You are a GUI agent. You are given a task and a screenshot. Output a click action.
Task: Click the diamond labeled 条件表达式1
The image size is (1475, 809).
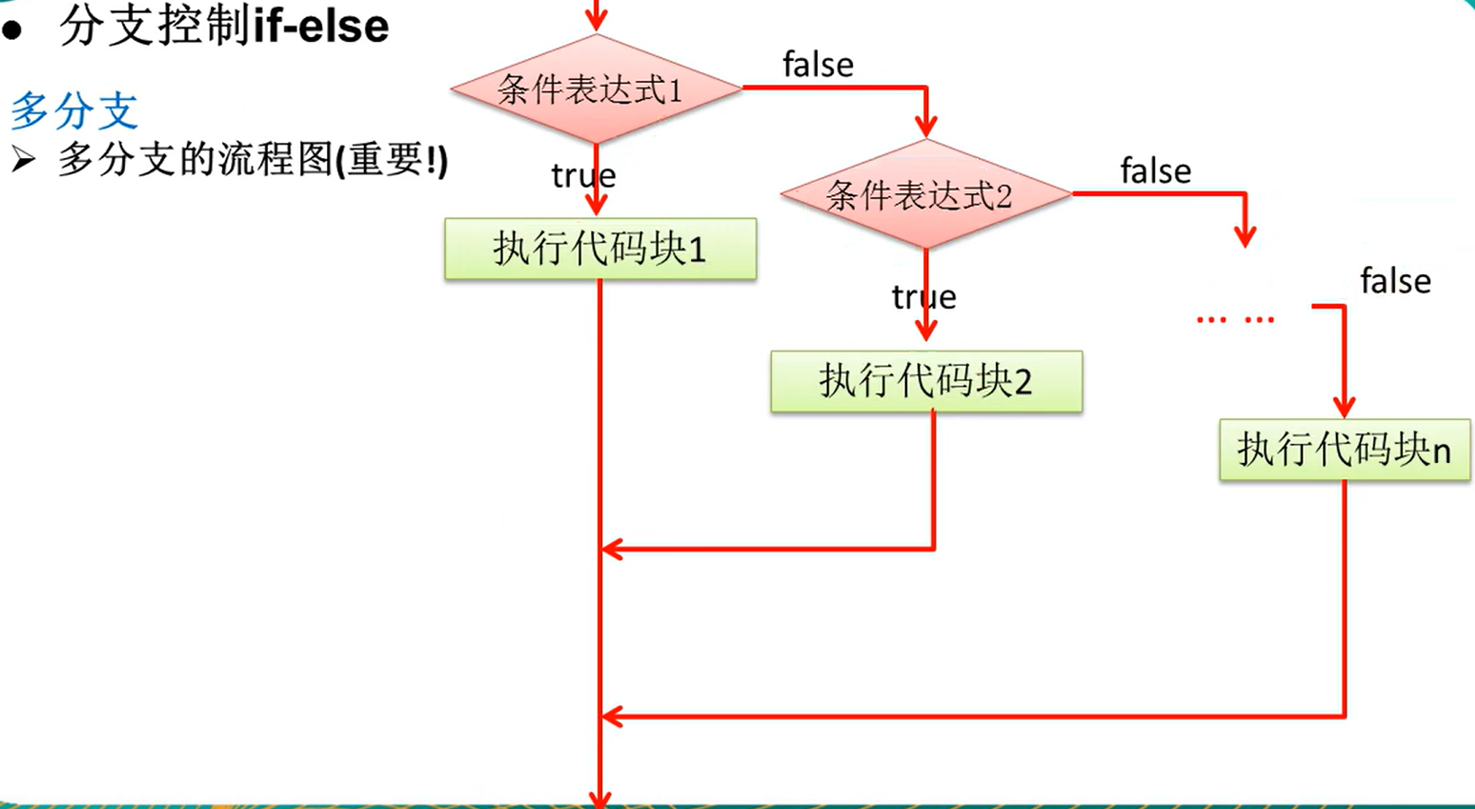596,89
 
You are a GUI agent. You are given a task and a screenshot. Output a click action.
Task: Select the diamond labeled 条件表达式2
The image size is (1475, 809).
926,194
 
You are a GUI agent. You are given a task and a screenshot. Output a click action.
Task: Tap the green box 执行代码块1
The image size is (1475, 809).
600,249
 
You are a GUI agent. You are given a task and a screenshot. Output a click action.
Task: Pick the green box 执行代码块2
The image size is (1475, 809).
926,381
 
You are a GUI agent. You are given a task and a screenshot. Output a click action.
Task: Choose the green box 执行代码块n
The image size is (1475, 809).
1344,449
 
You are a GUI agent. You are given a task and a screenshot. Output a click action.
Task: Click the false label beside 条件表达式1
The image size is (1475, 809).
818,65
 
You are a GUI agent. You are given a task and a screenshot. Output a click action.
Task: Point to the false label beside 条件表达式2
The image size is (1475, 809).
1155,171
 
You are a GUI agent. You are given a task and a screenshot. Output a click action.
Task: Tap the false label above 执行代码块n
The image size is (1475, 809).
1395,281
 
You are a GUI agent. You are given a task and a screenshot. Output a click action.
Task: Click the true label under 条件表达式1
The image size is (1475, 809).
583,175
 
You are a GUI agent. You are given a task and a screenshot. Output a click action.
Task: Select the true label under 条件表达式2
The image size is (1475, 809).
923,297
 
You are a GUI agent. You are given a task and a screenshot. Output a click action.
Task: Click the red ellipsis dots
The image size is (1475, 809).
1235,319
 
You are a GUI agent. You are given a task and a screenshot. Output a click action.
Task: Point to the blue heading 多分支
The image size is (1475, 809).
74,111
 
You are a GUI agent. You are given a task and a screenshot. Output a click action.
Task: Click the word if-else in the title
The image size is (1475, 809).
321,26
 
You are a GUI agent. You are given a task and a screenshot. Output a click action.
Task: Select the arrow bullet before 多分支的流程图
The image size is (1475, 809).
22,161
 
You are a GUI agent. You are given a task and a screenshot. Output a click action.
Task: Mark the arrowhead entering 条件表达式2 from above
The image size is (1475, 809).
926,127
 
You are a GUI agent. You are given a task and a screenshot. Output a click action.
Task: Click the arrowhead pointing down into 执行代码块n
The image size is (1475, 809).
1344,406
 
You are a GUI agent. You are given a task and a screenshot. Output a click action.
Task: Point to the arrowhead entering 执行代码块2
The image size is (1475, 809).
926,330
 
